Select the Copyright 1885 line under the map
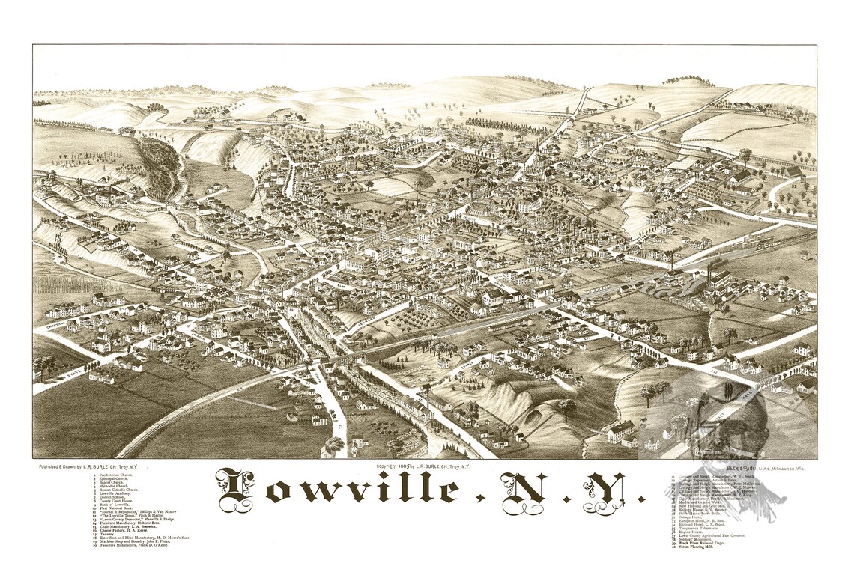pos(424,466)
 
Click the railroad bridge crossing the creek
pos(341,360)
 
